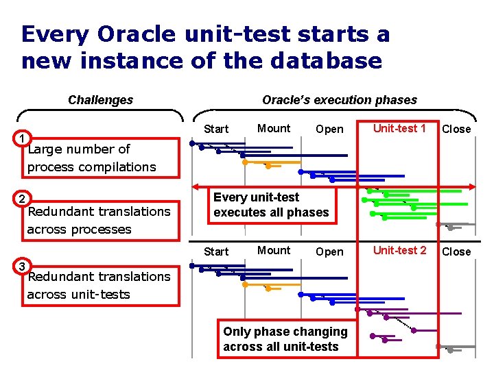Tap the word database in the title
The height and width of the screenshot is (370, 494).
point(326,61)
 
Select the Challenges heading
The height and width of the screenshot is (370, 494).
point(101,100)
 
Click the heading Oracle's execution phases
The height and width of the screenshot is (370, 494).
point(340,100)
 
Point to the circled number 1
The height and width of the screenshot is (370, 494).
point(23,139)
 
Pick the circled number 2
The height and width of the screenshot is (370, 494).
point(23,199)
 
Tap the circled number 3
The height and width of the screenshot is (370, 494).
point(23,266)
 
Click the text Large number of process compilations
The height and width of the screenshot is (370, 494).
point(92,158)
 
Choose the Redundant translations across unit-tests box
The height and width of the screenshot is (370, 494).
point(99,285)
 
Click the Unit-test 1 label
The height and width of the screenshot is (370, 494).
point(399,128)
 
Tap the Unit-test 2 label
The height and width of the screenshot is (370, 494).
point(399,250)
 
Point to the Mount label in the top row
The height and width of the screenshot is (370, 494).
point(274,128)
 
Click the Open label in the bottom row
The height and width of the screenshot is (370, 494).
point(329,251)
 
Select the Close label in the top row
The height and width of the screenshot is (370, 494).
point(456,129)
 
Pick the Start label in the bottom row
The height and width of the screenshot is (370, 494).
point(216,251)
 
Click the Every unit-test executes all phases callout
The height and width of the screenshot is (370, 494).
point(271,205)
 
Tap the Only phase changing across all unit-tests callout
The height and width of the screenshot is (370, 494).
point(285,339)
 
